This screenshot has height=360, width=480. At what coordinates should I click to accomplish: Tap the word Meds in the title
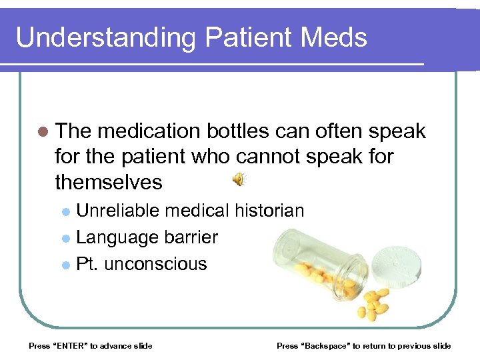[x=333, y=37]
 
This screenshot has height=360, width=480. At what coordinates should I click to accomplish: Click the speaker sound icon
[x=238, y=179]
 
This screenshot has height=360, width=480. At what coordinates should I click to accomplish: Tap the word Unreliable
[x=118, y=211]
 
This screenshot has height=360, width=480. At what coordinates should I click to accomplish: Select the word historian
[x=269, y=211]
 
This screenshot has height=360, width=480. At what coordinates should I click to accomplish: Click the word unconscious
[x=156, y=264]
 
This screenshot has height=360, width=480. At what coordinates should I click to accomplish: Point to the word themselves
[x=109, y=182]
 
